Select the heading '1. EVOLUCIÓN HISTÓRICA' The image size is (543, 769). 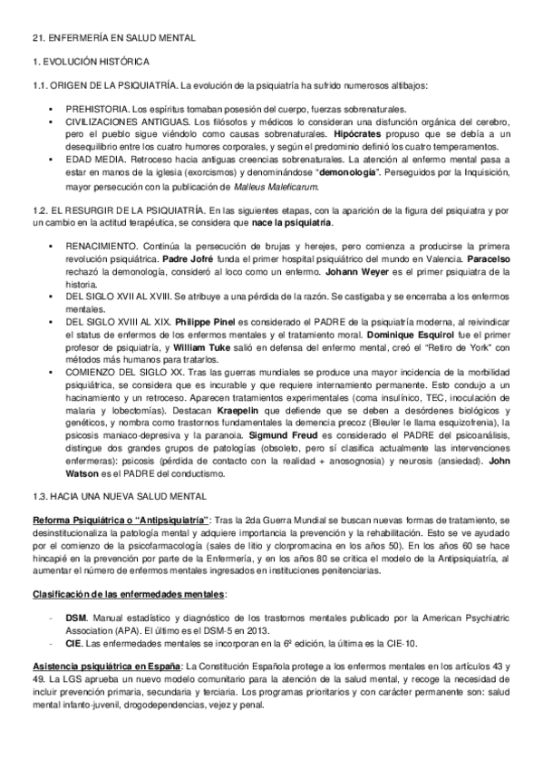[x=83, y=61]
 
